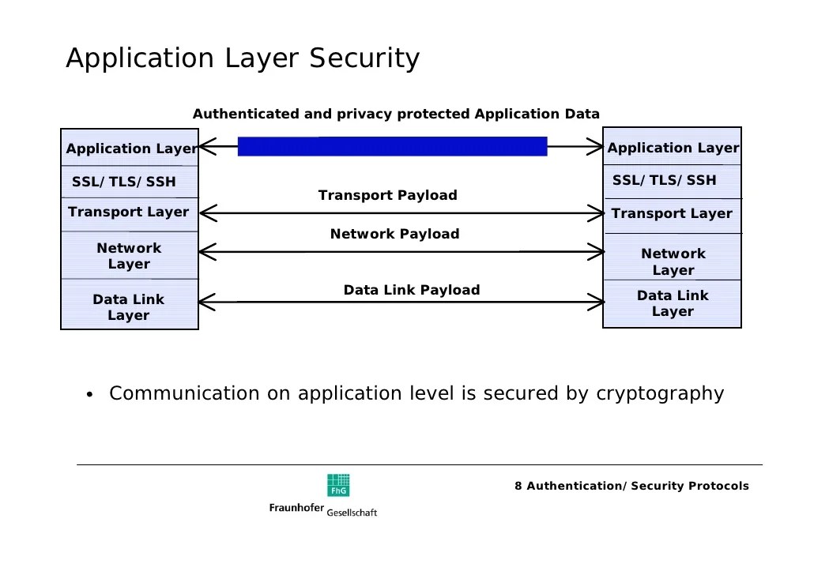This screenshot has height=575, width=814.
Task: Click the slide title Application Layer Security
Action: click(242, 59)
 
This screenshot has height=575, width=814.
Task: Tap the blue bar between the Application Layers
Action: click(392, 146)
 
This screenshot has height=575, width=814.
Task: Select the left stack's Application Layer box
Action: click(130, 148)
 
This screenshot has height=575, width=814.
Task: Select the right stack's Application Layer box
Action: click(673, 148)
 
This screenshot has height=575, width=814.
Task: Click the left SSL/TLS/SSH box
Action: click(124, 182)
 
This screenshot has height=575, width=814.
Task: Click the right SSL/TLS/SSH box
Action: click(665, 180)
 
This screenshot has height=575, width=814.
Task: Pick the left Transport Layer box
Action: click(129, 212)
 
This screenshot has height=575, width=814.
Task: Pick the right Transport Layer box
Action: click(672, 214)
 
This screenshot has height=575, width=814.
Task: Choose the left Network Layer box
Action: click(129, 256)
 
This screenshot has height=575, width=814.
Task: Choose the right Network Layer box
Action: click(673, 261)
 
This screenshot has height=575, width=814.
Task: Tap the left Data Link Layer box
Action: click(129, 307)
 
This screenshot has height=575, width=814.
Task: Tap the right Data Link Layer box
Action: click(673, 303)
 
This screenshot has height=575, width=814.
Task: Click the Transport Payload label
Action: click(387, 195)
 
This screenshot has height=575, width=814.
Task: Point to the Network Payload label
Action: click(394, 234)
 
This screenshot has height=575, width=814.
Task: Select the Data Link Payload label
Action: click(411, 290)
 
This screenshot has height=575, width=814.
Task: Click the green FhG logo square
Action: click(338, 485)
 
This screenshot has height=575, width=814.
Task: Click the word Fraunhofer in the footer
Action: click(296, 508)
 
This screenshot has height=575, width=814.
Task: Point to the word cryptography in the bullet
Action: click(659, 393)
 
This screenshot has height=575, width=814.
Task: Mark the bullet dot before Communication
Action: click(90, 396)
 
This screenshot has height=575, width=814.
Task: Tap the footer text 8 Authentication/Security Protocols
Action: click(631, 486)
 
